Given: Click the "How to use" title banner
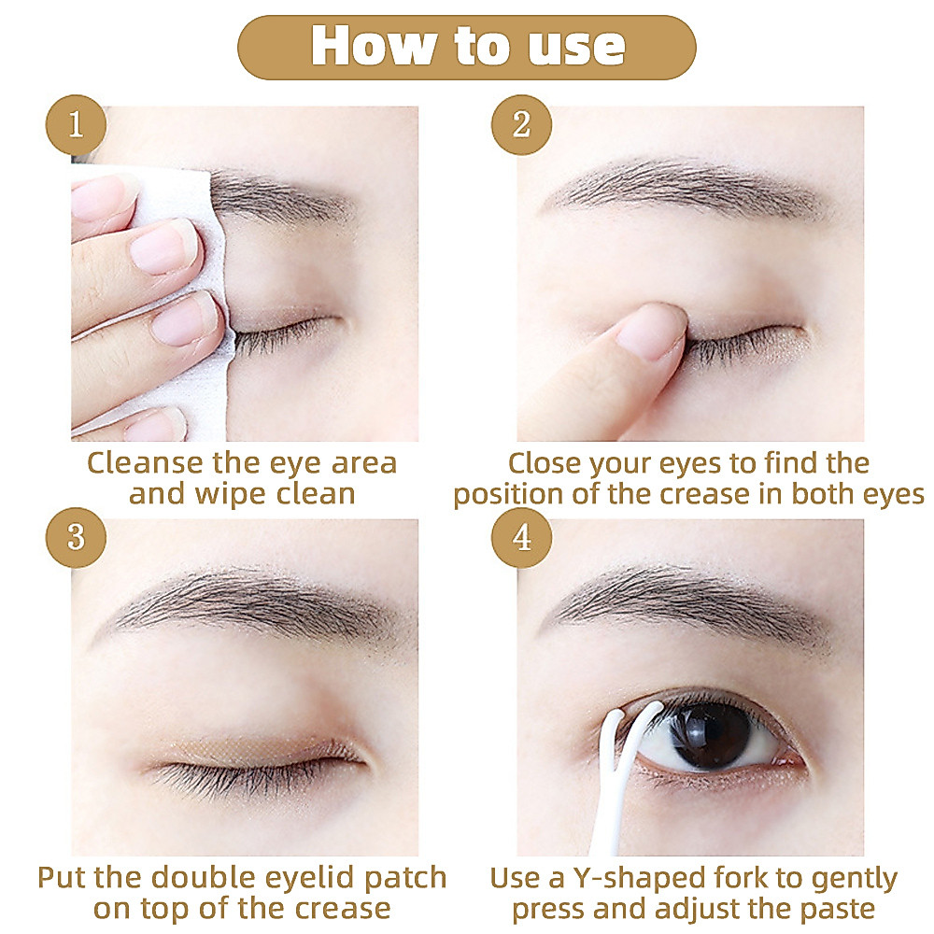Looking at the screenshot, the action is click(467, 47).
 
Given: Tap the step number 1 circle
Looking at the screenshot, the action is click(76, 124).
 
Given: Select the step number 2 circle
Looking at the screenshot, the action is click(521, 124).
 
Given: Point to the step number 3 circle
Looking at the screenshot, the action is click(76, 537).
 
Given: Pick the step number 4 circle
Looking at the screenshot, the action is click(521, 537).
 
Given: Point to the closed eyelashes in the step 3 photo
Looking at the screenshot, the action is click(250, 774).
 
